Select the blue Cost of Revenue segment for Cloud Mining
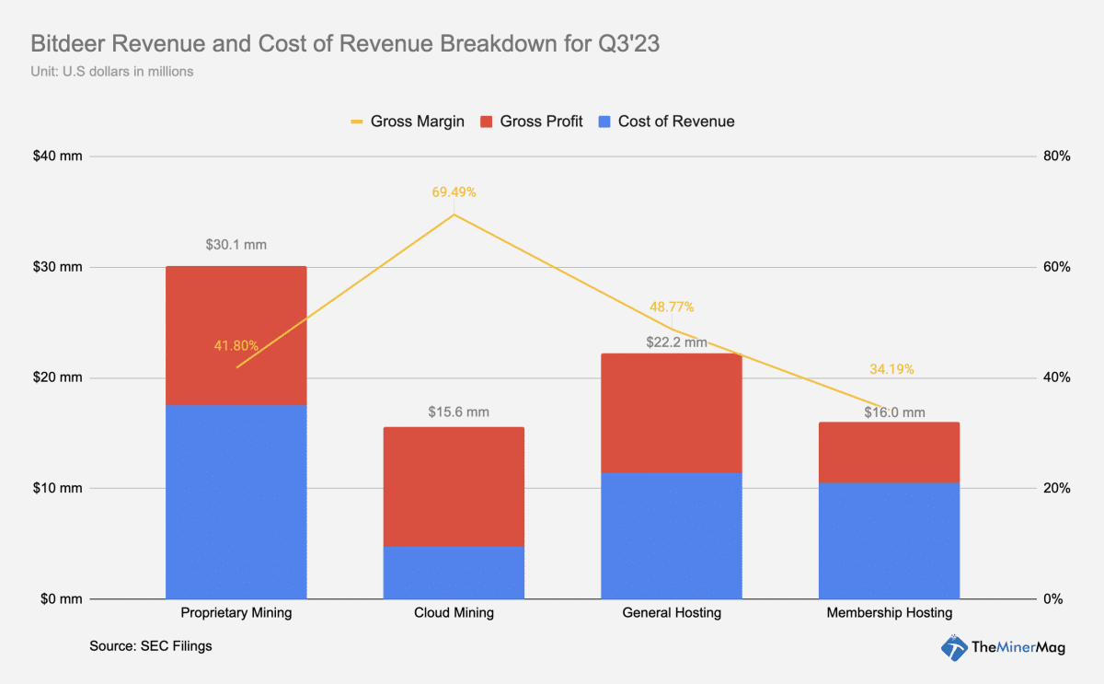pos(454,572)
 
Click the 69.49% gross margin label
pos(454,192)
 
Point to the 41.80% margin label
pos(236,345)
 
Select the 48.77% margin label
pos(672,307)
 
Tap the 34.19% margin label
pos(891,369)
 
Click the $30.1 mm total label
pos(236,245)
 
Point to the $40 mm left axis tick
pos(57,157)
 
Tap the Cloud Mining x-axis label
pos(454,613)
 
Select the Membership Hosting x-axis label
pos(889,613)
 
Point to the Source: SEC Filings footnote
pos(151,646)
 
